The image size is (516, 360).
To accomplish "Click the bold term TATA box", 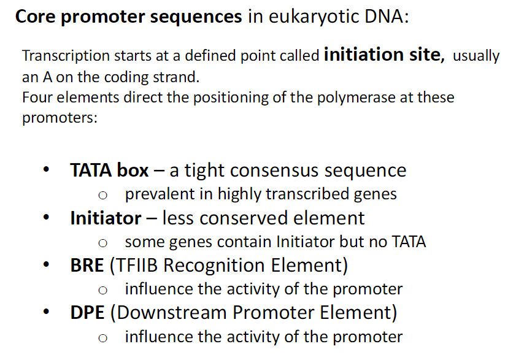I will [109, 170].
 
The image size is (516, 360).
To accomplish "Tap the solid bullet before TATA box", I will [45, 170].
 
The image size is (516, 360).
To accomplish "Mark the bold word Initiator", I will [106, 218].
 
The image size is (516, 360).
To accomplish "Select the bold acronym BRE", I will [87, 266].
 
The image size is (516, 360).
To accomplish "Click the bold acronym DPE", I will [87, 313].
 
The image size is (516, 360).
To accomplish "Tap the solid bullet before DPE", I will [45, 313].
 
